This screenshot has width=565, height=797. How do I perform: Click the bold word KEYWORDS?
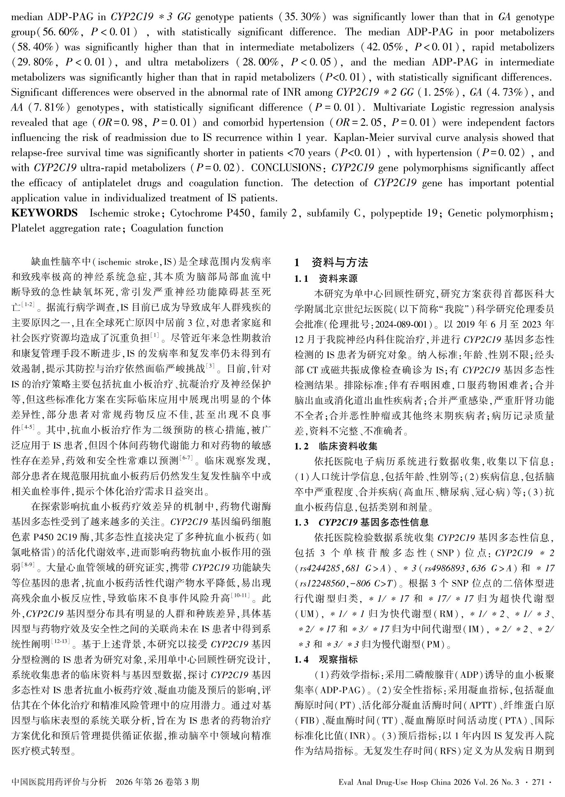pyautogui.click(x=44, y=213)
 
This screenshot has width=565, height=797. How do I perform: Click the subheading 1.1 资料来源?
pyautogui.click(x=326, y=279)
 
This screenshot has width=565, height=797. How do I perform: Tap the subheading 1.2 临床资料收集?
pyautogui.click(x=336, y=446)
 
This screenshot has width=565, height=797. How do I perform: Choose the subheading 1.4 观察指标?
pyautogui.click(x=326, y=659)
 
